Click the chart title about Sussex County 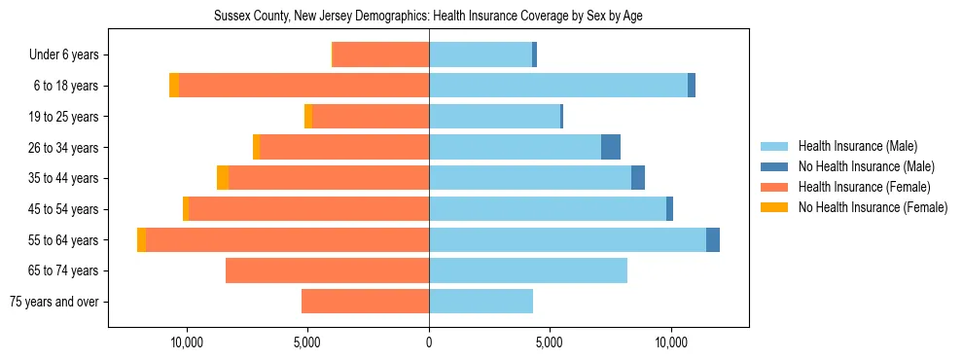click(428, 16)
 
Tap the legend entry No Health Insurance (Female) click(873, 207)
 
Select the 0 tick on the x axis click(429, 342)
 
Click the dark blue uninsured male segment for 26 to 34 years click(611, 147)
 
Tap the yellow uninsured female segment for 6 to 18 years click(174, 86)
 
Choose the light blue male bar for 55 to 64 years click(567, 239)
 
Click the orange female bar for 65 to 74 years click(327, 270)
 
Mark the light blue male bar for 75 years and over click(481, 302)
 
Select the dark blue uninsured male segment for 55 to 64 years click(713, 239)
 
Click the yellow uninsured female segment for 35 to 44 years click(223, 178)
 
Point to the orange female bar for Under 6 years click(380, 55)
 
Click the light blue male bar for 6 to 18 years click(558, 86)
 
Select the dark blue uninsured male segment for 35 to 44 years click(638, 178)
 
